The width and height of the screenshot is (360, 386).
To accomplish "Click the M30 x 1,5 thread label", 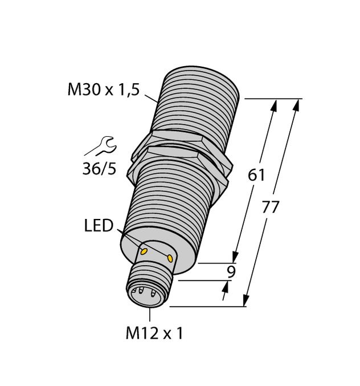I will [103, 90].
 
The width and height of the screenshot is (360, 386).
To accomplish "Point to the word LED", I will [99, 226].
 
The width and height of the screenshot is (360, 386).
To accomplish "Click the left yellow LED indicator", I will [144, 250].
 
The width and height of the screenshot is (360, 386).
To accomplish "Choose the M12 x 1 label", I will [154, 334].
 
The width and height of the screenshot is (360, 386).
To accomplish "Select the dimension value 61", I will [256, 176].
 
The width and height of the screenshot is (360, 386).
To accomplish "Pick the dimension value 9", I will [231, 272].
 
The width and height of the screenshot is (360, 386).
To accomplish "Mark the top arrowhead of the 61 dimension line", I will [275, 105].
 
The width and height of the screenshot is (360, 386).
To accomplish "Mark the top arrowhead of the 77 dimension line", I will [296, 105].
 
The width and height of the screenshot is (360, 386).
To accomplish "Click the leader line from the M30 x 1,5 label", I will [152, 99].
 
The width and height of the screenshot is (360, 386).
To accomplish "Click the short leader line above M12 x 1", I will [150, 315].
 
